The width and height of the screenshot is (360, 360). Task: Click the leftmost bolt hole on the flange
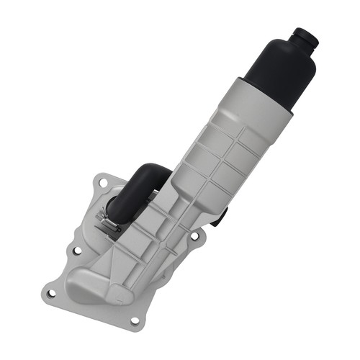[x=50, y=293]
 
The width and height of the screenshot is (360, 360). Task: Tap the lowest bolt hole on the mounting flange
[x=134, y=320]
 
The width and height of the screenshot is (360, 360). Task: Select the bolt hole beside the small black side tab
[x=194, y=235]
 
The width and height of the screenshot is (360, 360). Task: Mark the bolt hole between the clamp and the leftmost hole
[x=76, y=251]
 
